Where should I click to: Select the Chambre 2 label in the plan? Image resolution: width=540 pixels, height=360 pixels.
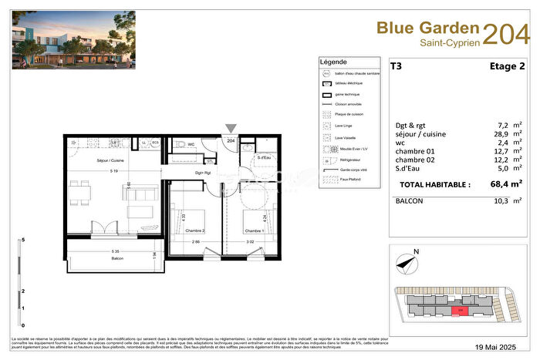point(194,230)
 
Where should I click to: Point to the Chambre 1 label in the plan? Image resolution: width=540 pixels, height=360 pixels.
point(255,230)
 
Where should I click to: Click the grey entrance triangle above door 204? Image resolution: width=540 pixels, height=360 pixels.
point(231,128)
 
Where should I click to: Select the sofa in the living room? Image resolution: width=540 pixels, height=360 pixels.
point(140,203)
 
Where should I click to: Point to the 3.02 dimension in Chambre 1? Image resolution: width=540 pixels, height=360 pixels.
point(248,242)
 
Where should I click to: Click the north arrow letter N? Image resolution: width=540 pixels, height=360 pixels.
point(417,251)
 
